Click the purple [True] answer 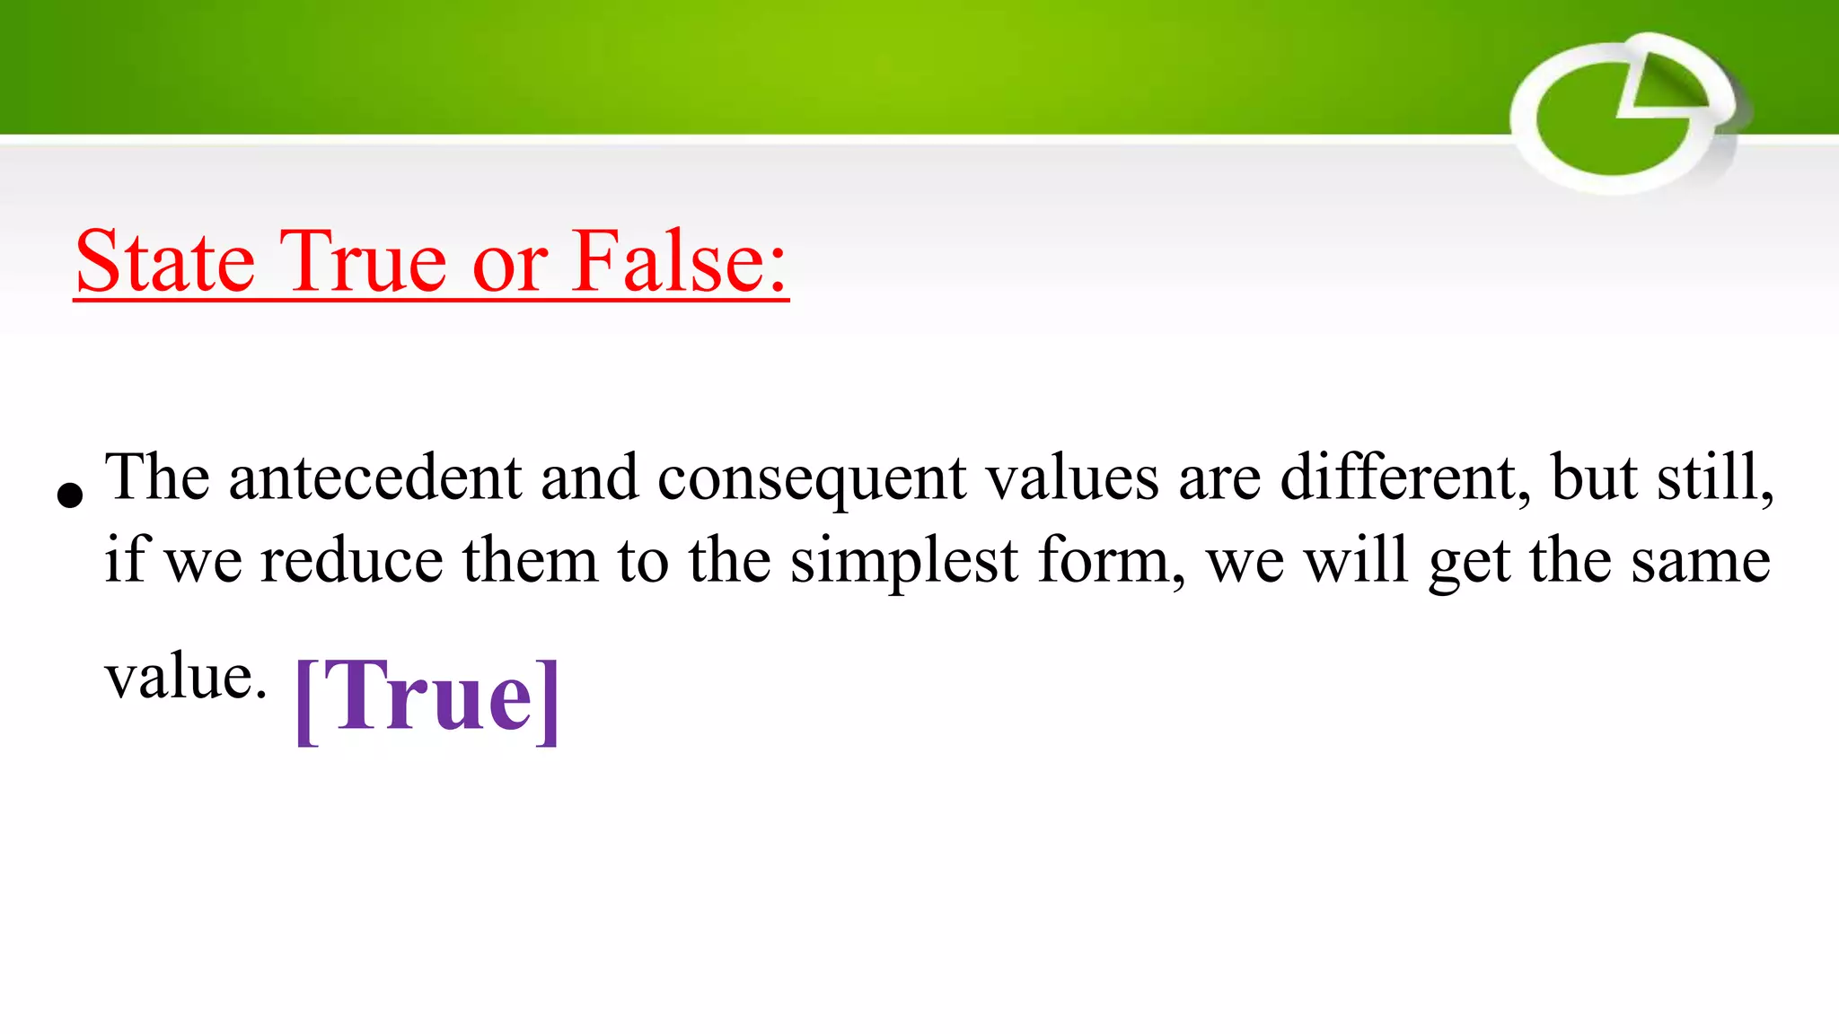click(427, 698)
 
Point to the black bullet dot click(69, 495)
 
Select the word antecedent click(375, 478)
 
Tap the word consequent click(813, 479)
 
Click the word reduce click(351, 561)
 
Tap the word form click(1110, 561)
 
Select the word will click(1355, 561)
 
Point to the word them click(530, 561)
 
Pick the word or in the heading click(509, 264)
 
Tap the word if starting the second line click(124, 561)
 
